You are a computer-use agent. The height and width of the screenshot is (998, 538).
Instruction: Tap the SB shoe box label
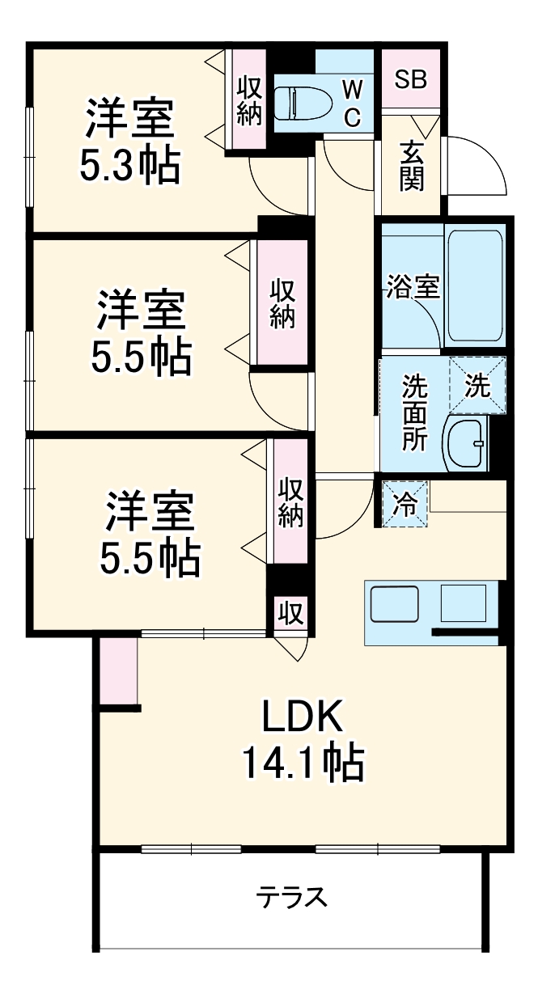pos(410,79)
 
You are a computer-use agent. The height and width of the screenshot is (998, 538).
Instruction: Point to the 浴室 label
pos(413,287)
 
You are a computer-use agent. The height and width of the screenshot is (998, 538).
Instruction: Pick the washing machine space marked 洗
pos(477,386)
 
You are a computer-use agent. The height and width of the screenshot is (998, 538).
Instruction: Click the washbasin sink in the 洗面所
pos(466,442)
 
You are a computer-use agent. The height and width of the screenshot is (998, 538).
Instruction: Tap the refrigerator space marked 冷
pos(405,505)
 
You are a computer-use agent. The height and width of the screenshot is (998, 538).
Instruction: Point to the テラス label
pos(292,897)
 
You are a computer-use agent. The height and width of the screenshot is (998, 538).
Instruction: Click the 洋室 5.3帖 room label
pos(129,142)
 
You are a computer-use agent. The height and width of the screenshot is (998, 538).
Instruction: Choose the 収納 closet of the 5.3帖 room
pos(249,100)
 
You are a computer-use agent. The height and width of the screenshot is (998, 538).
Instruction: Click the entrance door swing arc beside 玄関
pos(477,166)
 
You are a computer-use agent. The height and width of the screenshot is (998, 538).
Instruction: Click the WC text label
pos(351,102)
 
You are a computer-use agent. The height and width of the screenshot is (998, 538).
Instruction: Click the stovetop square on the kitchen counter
pos(464,603)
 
